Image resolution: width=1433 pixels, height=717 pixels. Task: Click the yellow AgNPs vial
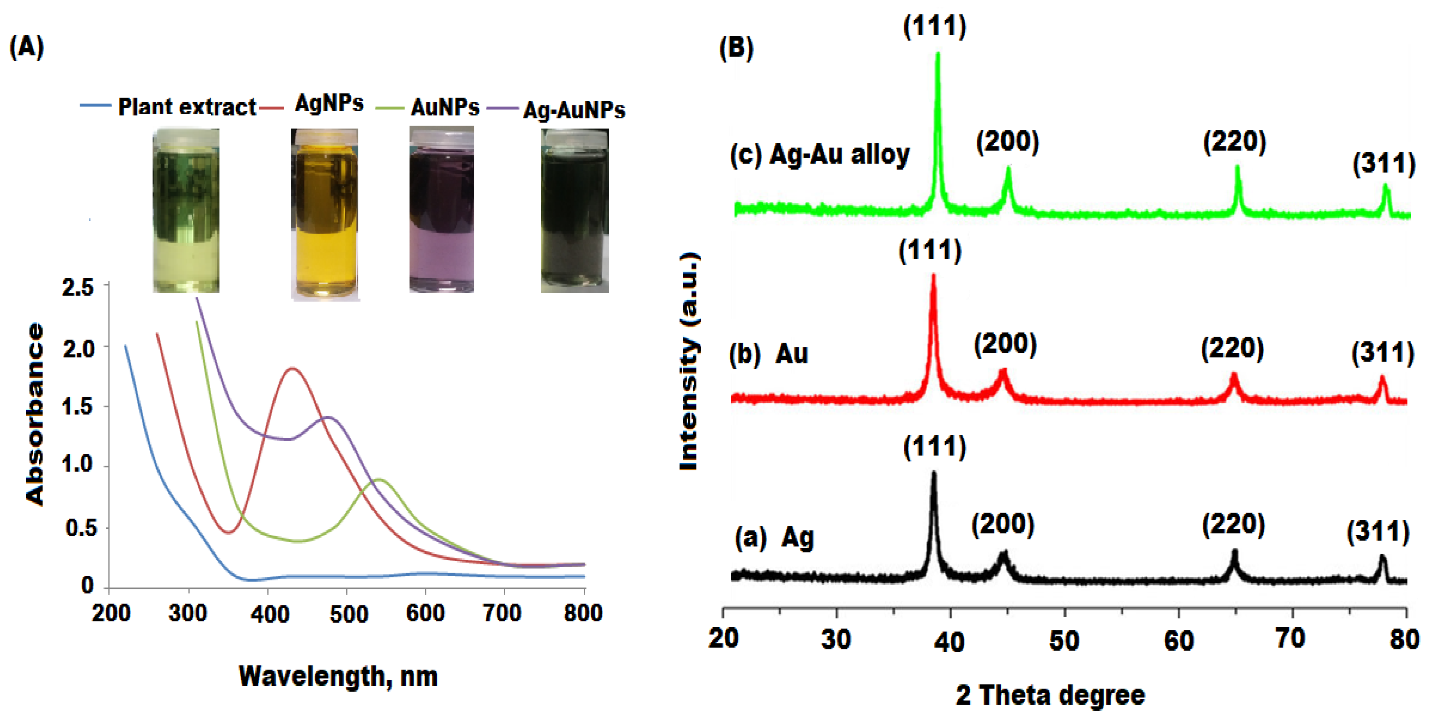tap(325, 214)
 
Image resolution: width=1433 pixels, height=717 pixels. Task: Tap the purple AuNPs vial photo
tap(441, 209)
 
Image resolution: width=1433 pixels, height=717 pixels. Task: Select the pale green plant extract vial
tap(186, 210)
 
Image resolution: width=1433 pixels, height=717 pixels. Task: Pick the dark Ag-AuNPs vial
tap(575, 210)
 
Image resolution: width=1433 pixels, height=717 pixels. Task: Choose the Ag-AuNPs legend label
tap(574, 110)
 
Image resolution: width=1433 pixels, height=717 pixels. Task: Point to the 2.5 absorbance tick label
tap(78, 288)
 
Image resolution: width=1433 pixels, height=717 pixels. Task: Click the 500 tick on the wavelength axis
tap(348, 614)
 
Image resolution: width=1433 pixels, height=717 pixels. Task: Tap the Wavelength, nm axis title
tap(338, 676)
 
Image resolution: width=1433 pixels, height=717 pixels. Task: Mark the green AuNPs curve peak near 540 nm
tap(380, 479)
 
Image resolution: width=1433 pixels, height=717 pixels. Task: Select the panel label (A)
tap(26, 47)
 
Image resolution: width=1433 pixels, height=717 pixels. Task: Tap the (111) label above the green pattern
tap(934, 26)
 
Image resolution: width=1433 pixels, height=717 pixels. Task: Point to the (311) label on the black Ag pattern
tap(1378, 532)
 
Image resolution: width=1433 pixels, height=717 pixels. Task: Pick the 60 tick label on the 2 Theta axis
tap(1178, 640)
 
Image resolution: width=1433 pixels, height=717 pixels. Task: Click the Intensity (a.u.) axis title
tap(689, 361)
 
